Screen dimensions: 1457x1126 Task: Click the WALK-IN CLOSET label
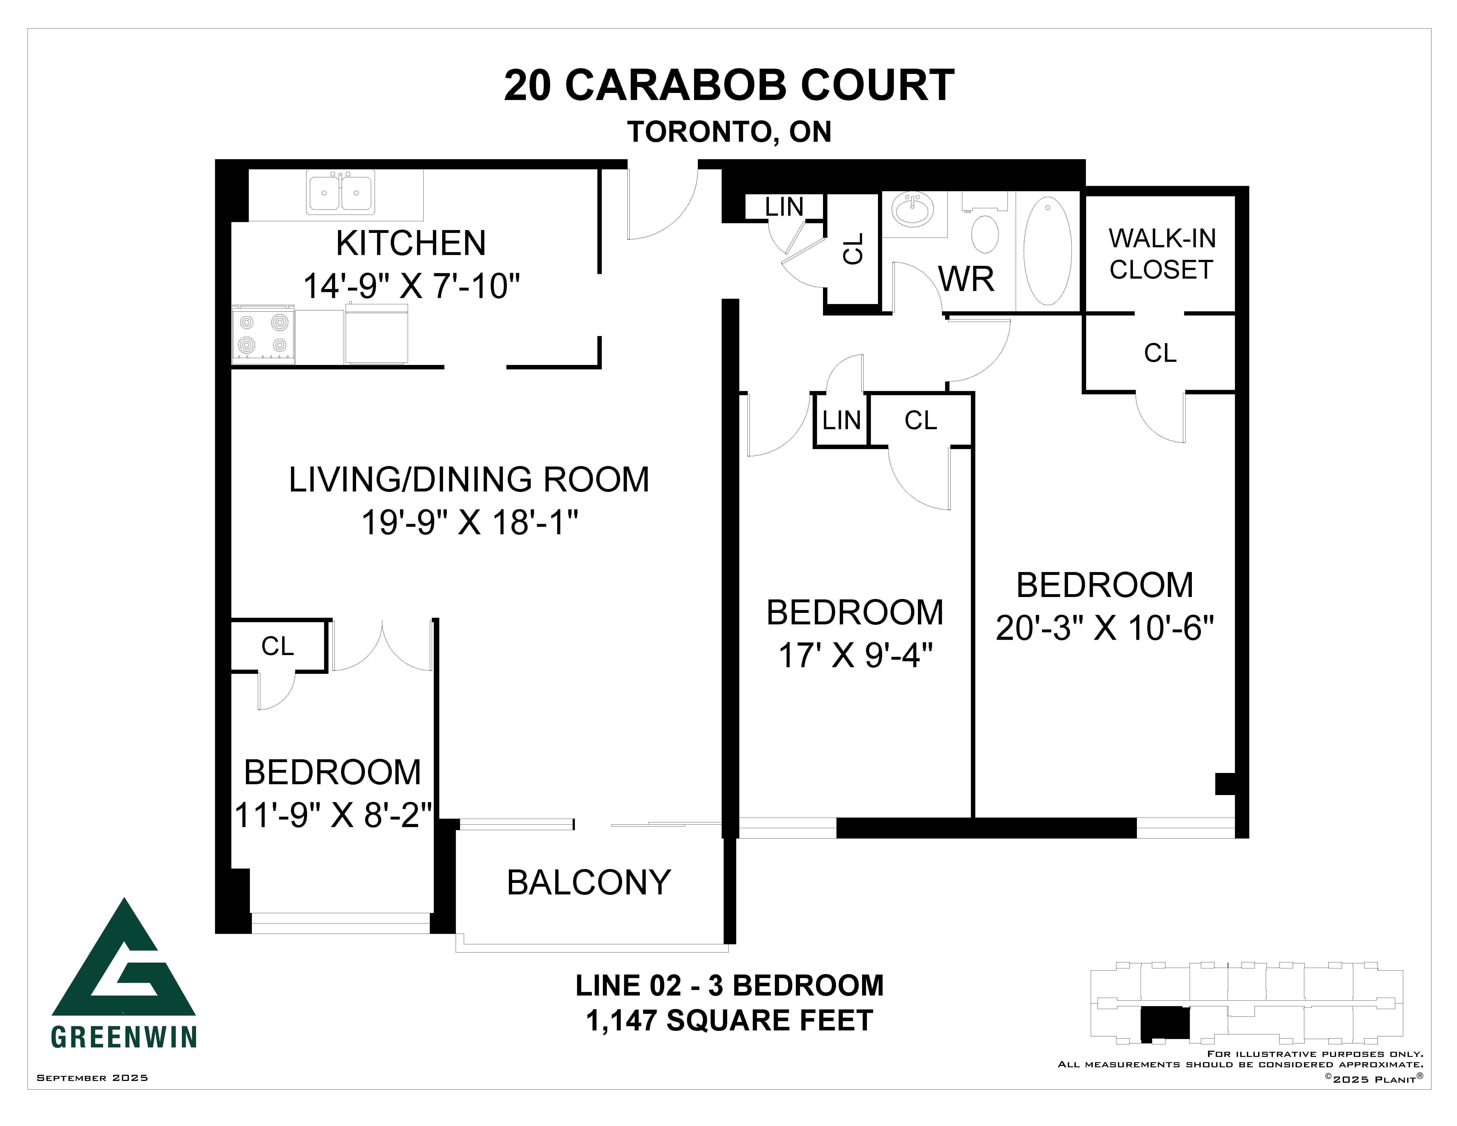pyautogui.click(x=1161, y=254)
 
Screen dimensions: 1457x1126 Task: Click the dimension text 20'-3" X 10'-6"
pyautogui.click(x=1105, y=628)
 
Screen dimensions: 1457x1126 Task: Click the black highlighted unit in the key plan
pyautogui.click(x=1165, y=1024)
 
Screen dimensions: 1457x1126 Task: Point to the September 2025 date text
pyautogui.click(x=92, y=1077)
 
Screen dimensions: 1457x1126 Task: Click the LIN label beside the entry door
pyautogui.click(x=784, y=208)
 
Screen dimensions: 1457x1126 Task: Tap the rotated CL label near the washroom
pyautogui.click(x=853, y=249)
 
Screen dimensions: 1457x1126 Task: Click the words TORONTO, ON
pyautogui.click(x=729, y=132)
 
